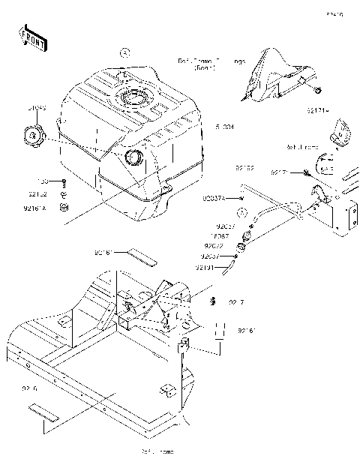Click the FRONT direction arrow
(x=32, y=38)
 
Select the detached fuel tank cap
(x=34, y=136)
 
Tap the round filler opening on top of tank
(x=133, y=98)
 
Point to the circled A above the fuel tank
(x=125, y=52)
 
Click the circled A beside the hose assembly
(x=242, y=212)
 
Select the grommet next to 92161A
(x=64, y=206)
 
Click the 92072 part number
(x=214, y=245)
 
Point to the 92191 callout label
(x=207, y=267)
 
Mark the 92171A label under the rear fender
(x=316, y=110)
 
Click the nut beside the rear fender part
(x=319, y=91)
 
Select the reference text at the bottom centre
(x=157, y=452)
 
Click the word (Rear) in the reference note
(x=204, y=68)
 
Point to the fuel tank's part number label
(x=225, y=127)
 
